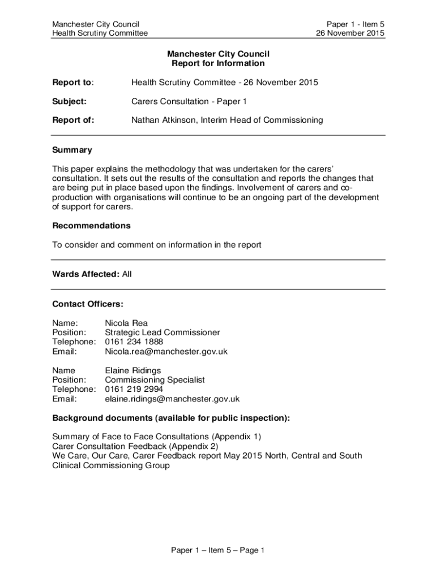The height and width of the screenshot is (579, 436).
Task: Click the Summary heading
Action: pos(72,150)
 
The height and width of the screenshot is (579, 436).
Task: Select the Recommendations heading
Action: pos(91,226)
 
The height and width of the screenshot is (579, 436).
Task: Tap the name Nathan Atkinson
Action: pos(163,120)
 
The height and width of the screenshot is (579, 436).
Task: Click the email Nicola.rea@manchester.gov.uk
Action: pos(166,352)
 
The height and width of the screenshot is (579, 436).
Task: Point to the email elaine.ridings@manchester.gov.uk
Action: pos(172,399)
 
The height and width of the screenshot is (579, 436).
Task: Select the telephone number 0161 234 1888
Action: pos(134,342)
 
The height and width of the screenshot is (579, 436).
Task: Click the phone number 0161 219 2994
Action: pos(134,389)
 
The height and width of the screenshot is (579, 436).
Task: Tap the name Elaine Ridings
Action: pos(132,370)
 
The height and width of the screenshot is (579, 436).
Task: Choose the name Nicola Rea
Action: pos(126,323)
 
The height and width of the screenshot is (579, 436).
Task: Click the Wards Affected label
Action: pos(86,274)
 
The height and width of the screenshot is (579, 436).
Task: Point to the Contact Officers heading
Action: pos(87,304)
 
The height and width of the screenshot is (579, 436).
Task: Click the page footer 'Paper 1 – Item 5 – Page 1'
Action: pos(218,550)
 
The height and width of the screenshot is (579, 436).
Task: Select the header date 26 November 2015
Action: pos(350,33)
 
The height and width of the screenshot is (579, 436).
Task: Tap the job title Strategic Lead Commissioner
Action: pos(163,332)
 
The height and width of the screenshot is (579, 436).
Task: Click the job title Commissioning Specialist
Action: pos(155,380)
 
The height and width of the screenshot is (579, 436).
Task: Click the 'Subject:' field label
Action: pos(69,101)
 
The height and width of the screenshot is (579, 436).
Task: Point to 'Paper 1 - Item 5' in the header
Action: pos(355,24)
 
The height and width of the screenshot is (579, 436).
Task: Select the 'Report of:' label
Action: pos(73,120)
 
